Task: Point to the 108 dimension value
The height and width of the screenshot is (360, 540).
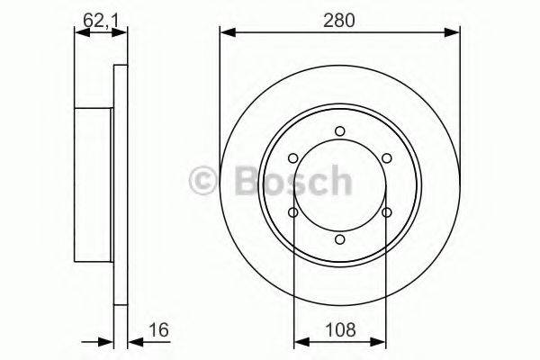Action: click(340, 330)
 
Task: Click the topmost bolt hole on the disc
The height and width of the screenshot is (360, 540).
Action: click(339, 131)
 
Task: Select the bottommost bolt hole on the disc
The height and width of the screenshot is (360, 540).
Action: click(339, 239)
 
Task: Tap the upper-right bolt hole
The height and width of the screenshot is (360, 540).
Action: click(386, 158)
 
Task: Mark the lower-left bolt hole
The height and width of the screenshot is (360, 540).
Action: click(293, 212)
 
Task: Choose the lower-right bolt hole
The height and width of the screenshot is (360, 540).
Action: click(386, 212)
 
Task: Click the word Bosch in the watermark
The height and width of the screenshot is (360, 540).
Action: click(288, 183)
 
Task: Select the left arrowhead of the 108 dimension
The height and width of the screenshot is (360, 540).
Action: click(299, 342)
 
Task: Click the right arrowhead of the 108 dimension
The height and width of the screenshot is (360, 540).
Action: click(381, 342)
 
